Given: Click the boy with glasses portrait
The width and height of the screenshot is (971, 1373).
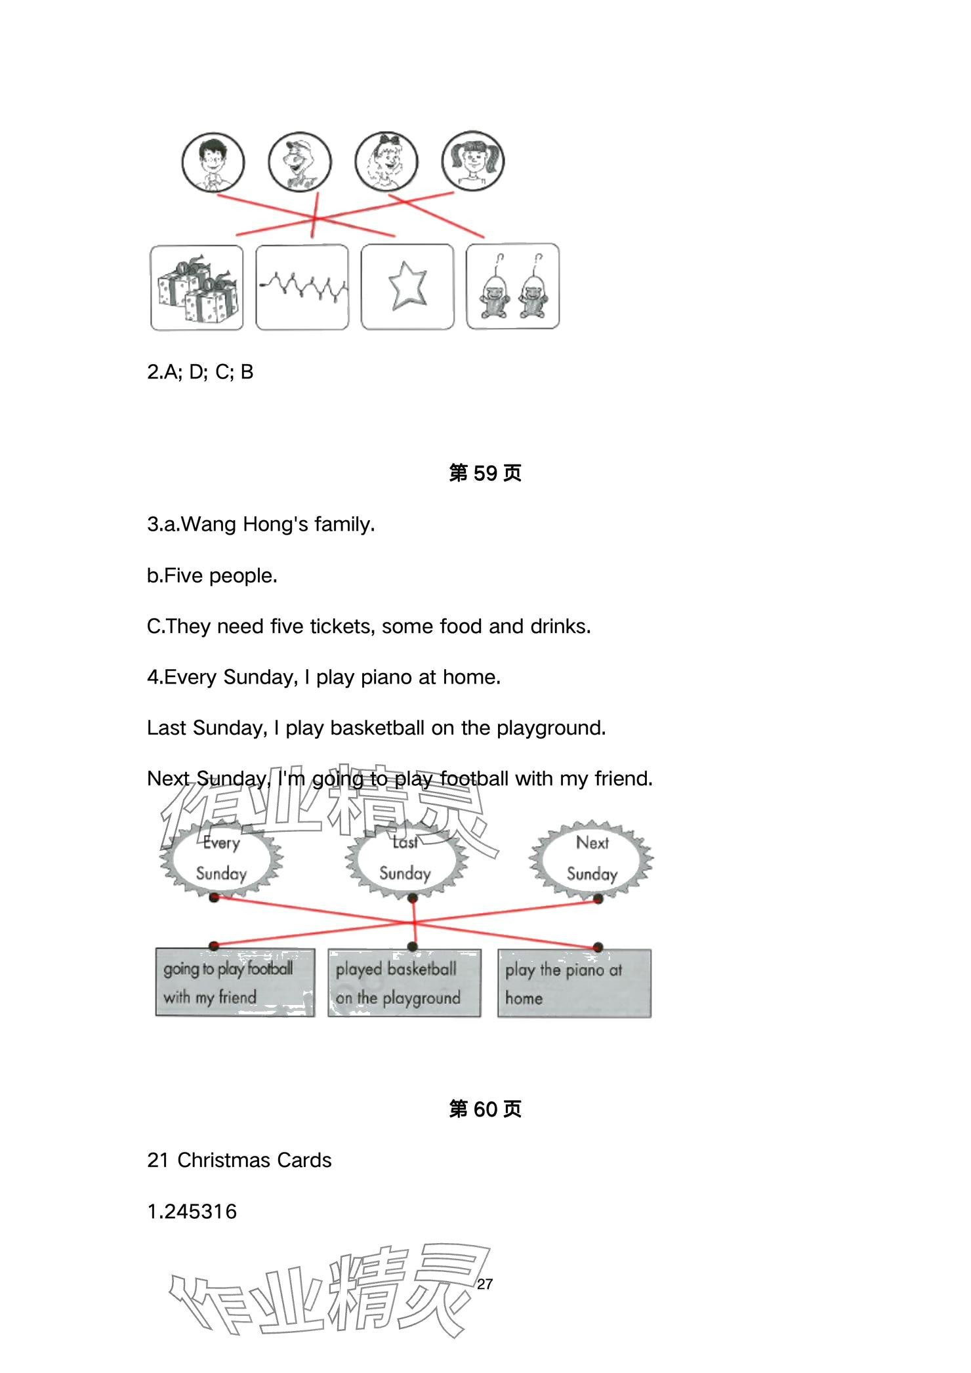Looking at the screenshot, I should (213, 162).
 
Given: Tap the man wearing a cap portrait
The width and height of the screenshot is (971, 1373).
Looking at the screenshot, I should (300, 162).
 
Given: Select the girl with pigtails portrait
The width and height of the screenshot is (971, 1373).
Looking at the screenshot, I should (472, 160).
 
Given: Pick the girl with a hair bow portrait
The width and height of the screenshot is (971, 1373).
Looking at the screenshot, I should (386, 161).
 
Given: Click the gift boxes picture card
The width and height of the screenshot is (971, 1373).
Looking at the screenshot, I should (197, 288).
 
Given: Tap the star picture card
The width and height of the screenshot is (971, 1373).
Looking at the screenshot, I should (407, 287).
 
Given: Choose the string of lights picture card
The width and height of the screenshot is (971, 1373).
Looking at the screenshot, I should (302, 287).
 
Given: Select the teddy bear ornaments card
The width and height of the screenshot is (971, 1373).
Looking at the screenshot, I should (513, 287).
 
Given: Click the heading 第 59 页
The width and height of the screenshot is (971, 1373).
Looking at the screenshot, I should (485, 473).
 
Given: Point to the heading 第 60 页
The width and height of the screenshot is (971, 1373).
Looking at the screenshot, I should (485, 1109).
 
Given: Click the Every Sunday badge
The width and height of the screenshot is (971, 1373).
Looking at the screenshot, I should (221, 858).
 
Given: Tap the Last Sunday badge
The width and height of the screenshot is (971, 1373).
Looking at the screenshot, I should (405, 858).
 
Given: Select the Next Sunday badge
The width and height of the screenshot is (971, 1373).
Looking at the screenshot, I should (592, 858).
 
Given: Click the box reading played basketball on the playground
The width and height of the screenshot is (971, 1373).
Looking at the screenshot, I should (404, 983).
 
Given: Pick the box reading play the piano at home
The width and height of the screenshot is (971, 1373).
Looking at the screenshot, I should (574, 983).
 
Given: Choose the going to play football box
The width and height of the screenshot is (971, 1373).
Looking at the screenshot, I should (235, 983).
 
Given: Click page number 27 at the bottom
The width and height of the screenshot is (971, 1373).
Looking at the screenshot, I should (485, 1284).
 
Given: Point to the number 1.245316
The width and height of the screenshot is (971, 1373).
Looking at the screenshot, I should (192, 1211).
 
